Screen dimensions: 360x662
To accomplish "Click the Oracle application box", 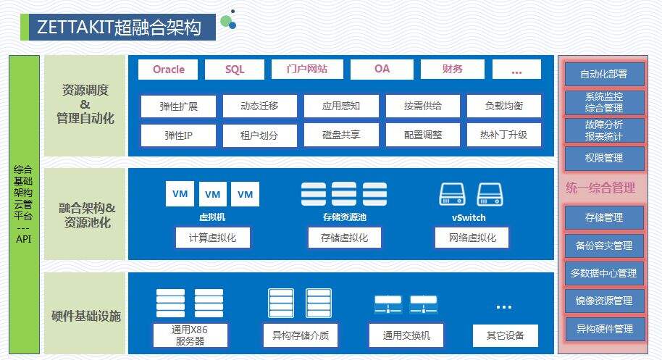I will [169, 70].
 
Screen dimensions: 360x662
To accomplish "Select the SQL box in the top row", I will [235, 70].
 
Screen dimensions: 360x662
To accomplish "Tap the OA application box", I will [382, 70].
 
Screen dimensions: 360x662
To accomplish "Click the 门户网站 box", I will [307, 70].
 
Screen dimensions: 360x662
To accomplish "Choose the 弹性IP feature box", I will [178, 135].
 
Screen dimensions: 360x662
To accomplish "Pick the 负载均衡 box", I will [503, 106].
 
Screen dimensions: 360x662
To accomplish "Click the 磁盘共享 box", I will [341, 135].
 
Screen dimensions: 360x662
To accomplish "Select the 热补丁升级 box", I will [503, 135].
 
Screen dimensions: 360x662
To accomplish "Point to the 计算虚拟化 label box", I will [212, 238].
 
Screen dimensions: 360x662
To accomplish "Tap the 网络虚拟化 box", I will [472, 238].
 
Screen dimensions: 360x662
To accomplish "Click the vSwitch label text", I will [468, 217].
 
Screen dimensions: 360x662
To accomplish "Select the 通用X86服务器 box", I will [190, 335].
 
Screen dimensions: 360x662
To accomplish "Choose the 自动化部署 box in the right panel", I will [603, 74].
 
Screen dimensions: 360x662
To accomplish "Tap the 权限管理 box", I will [603, 157].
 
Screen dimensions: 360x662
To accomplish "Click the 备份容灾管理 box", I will [603, 246].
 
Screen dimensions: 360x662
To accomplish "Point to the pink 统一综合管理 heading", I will [600, 188].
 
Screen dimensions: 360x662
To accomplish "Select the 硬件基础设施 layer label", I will [86, 316].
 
